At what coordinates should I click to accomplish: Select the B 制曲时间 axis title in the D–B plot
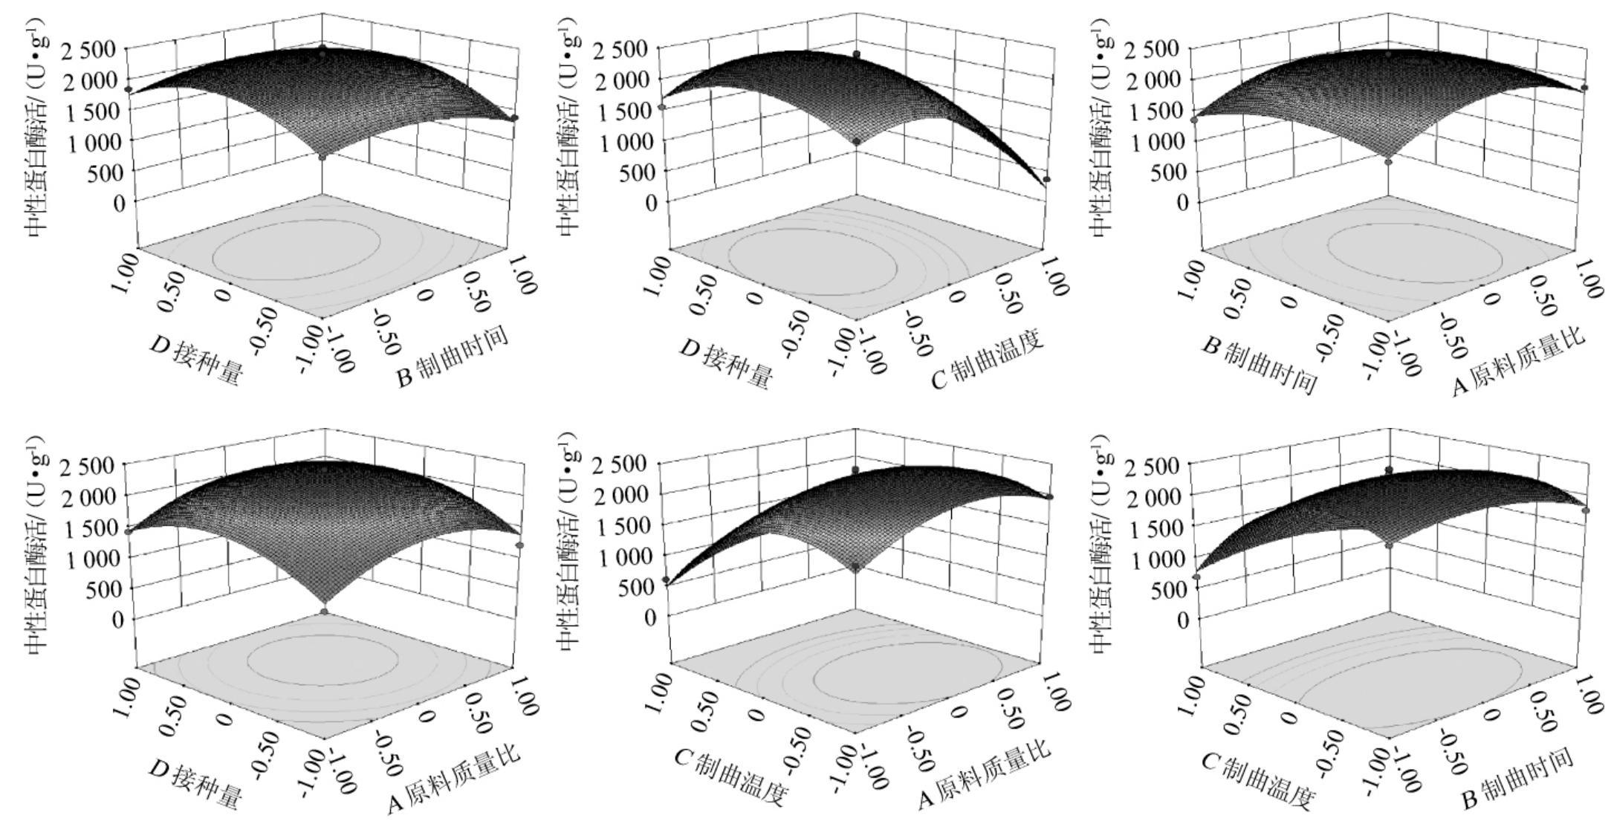(453, 356)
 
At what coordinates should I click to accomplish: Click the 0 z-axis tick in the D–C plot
(652, 202)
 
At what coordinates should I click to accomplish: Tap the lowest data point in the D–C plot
(1046, 180)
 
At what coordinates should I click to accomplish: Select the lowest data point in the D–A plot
(324, 611)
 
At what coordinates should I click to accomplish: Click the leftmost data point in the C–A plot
(666, 580)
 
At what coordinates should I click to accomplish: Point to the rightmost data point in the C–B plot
(1586, 510)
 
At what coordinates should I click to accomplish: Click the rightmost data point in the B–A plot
(1585, 88)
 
